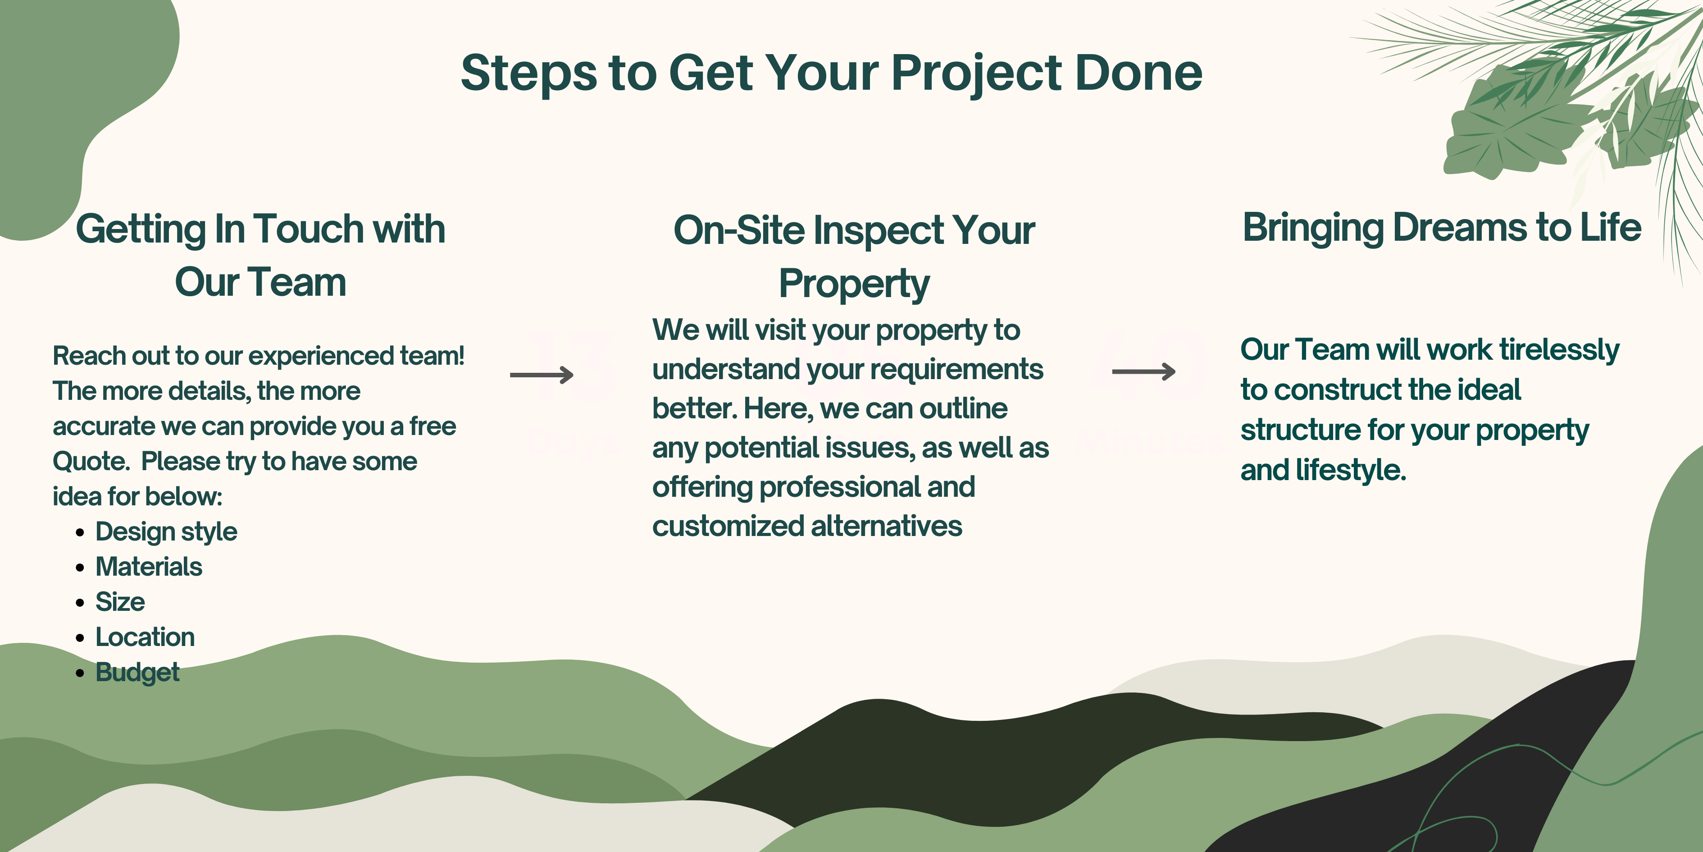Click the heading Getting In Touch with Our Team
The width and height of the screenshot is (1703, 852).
260,255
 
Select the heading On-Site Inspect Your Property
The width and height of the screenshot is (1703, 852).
854,257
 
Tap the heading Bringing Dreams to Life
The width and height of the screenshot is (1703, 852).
1442,228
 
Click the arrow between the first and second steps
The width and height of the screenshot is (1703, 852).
542,375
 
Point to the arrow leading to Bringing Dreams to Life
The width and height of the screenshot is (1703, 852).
1144,372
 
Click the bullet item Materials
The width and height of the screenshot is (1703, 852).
149,567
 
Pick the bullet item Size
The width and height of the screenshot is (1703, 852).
120,602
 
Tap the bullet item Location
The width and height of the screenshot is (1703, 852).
145,637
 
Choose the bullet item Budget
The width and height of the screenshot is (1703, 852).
137,673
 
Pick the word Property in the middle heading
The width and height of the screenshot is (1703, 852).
854,284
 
